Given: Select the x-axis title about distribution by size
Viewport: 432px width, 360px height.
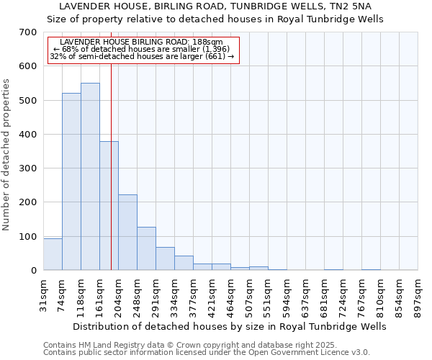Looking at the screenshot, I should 230,326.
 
